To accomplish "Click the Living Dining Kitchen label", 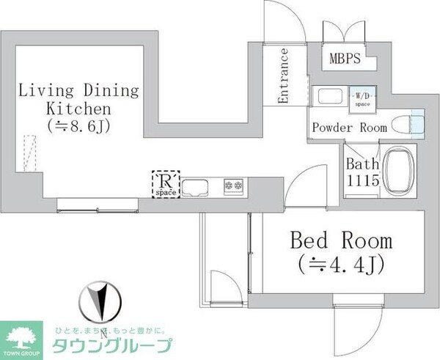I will pos(78,100).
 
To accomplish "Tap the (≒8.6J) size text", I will pos(78,125).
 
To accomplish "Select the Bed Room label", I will pos(341,240).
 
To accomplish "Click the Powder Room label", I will pos(349,127).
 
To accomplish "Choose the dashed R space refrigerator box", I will pos(164,184).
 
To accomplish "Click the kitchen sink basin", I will pos(197,187).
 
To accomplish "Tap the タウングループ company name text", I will pos(114,345).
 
